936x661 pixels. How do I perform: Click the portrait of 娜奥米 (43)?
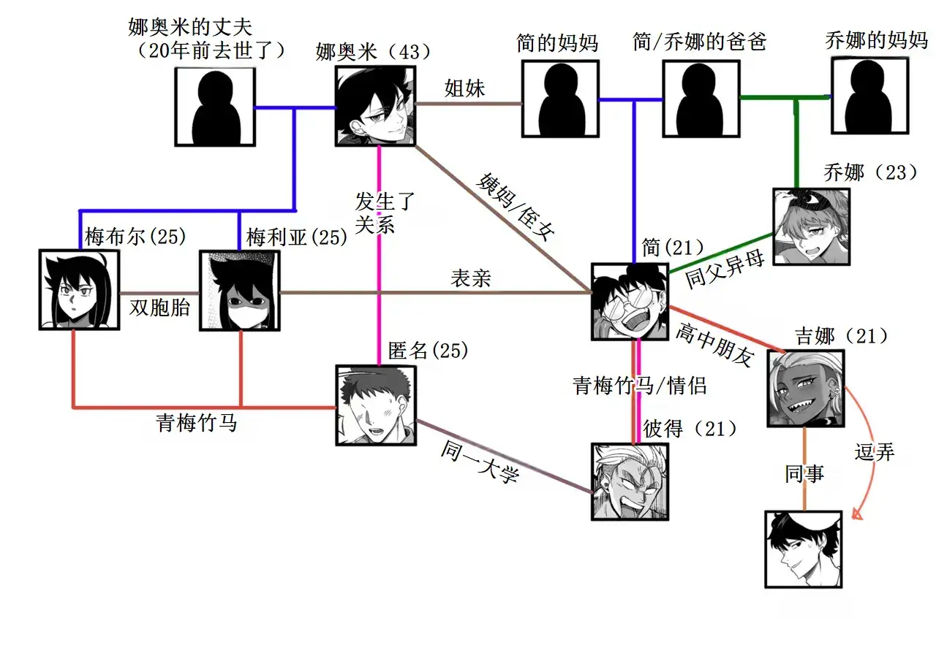click(375, 106)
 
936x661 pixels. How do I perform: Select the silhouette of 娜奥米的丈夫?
click(215, 108)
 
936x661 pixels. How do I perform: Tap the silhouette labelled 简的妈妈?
click(560, 99)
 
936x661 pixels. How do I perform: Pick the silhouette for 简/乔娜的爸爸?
click(701, 99)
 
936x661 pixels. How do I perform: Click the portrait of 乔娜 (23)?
click(812, 226)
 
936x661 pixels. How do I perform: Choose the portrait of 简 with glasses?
click(630, 302)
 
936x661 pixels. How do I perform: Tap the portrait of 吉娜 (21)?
click(806, 388)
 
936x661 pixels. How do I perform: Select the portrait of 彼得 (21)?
click(630, 481)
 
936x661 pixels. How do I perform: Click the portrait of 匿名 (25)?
click(376, 405)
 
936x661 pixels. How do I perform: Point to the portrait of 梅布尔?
click(80, 290)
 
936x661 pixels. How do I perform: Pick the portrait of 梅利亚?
click(239, 291)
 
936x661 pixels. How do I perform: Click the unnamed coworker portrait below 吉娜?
click(804, 549)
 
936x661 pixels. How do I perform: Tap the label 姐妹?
click(465, 88)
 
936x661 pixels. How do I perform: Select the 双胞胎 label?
click(159, 307)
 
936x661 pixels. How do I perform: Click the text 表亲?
click(469, 278)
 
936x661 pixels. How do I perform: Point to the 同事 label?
click(804, 474)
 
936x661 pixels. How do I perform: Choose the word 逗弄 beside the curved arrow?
click(875, 452)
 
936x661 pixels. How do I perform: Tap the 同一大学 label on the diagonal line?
click(479, 464)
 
